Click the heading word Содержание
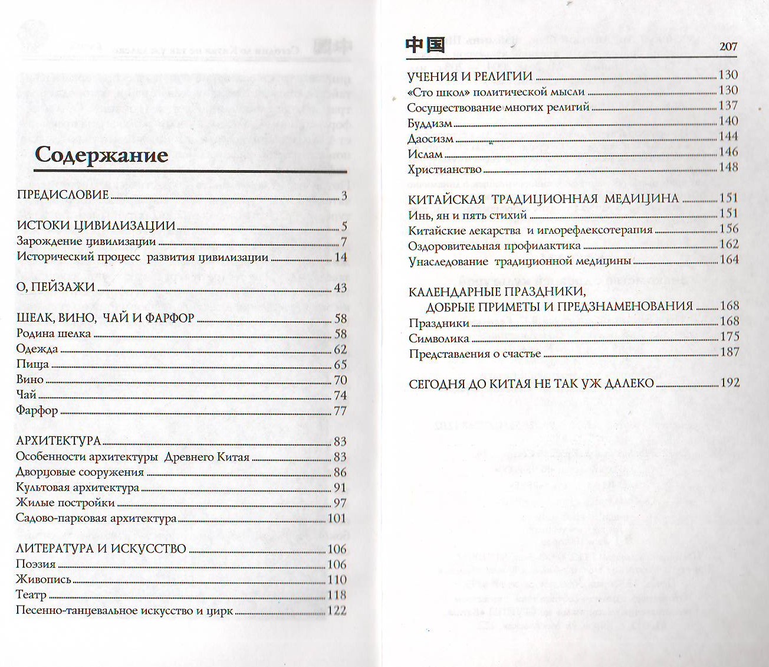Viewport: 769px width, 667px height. coord(101,155)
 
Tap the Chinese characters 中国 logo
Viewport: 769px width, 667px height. coord(425,45)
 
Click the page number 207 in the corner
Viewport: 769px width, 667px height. coord(728,47)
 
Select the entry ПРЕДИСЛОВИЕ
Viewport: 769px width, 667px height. coord(63,195)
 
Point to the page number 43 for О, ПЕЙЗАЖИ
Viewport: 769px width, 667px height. coord(340,288)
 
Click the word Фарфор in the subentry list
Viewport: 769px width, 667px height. coord(37,411)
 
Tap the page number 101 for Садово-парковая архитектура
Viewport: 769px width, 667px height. coord(337,518)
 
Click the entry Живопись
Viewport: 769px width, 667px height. coord(44,580)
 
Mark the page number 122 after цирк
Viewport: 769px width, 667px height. coord(337,610)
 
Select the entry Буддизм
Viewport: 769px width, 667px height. coord(430,123)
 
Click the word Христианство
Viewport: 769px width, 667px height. coord(445,169)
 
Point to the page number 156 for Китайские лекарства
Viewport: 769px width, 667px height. coord(729,229)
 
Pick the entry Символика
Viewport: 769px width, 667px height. coord(439,338)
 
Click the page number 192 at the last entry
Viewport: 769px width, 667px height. coord(729,382)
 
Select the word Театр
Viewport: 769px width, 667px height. coord(31,595)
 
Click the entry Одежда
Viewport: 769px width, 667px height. coord(37,349)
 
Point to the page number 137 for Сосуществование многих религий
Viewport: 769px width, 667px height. coord(728,106)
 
